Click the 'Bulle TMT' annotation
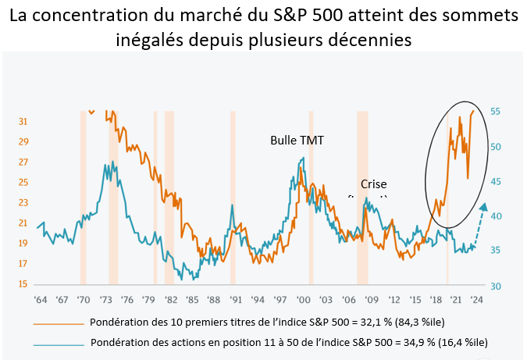pyautogui.click(x=297, y=140)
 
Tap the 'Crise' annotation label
pyautogui.click(x=373, y=184)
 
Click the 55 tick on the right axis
pyautogui.click(x=495, y=112)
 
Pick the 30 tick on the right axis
pyautogui.click(x=495, y=286)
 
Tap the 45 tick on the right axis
pyautogui.click(x=495, y=181)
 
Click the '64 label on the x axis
pyautogui.click(x=40, y=299)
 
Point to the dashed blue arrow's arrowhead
pyautogui.click(x=484, y=207)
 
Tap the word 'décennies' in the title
pyautogui.click(x=372, y=39)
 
